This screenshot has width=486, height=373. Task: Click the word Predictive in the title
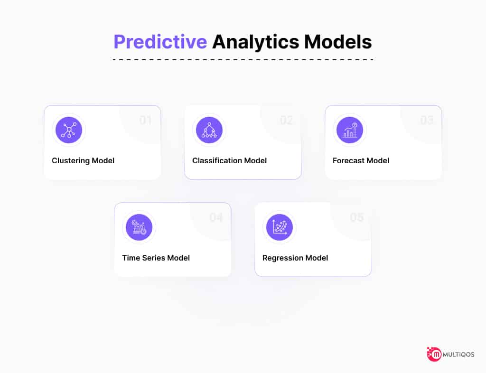pos(160,42)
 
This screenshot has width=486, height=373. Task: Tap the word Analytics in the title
pos(256,42)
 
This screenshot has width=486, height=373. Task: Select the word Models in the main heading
pos(338,42)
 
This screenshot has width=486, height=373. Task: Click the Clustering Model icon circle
pos(69,130)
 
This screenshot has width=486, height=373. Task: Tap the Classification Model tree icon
pos(209,130)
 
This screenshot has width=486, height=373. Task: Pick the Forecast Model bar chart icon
pos(350,130)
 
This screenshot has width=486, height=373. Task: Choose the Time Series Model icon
pos(139,227)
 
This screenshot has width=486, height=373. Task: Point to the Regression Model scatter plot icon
pos(280,227)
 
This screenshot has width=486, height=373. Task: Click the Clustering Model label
pos(83,161)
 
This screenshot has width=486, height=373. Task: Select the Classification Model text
pos(229,160)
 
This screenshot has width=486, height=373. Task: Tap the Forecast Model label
pos(361,160)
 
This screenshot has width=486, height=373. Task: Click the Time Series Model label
pos(156,258)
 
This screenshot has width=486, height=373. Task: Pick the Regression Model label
pos(295,258)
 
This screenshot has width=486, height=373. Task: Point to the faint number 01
pos(146,120)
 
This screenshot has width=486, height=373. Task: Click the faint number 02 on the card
pos(286,120)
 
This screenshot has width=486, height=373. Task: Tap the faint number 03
pos(427,120)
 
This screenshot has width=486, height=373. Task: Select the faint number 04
pos(216,217)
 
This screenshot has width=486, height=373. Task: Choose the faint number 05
pos(357,217)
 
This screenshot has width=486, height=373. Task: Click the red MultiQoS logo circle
pos(435,354)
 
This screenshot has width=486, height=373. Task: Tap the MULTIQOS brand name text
pos(458,354)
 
